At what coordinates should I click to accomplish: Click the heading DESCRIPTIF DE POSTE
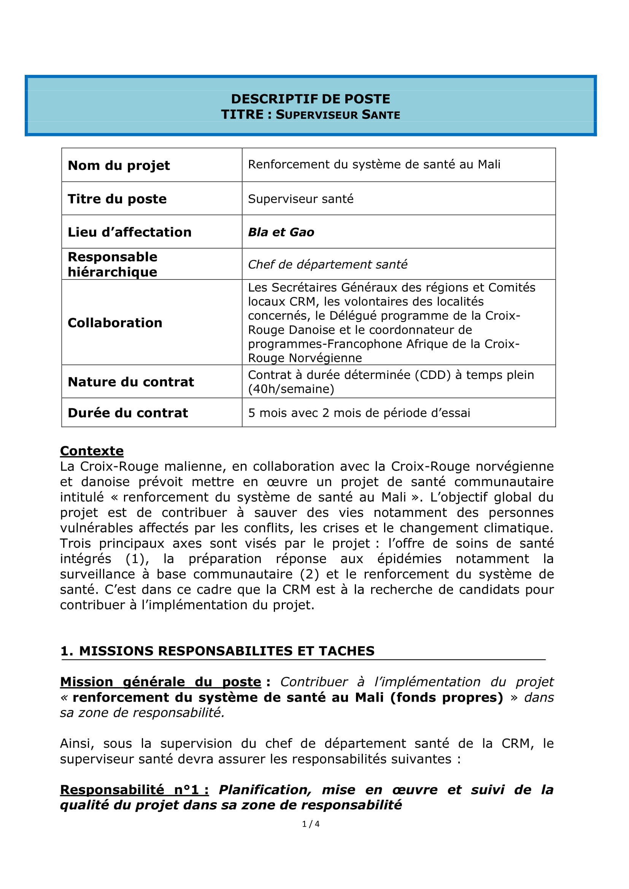pyautogui.click(x=310, y=99)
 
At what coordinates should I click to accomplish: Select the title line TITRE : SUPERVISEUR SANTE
pyautogui.click(x=310, y=115)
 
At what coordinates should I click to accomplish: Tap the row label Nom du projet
pyautogui.click(x=119, y=165)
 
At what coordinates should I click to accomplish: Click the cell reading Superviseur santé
pyautogui.click(x=300, y=199)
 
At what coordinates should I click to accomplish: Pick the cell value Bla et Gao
pyautogui.click(x=281, y=232)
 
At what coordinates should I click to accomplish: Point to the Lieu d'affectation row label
pyautogui.click(x=129, y=232)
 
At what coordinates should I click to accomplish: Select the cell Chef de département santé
pyautogui.click(x=327, y=265)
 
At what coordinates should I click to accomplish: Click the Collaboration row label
pyautogui.click(x=114, y=323)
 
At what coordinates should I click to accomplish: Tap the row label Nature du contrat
pyautogui.click(x=130, y=382)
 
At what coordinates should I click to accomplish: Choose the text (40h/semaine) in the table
pyautogui.click(x=291, y=389)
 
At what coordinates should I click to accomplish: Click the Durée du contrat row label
pyautogui.click(x=127, y=413)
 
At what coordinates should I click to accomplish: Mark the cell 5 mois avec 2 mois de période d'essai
pyautogui.click(x=359, y=413)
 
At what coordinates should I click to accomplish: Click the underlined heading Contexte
pyautogui.click(x=92, y=451)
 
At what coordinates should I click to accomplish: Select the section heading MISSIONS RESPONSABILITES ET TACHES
pyautogui.click(x=227, y=651)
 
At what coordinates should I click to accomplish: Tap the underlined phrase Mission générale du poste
pyautogui.click(x=161, y=682)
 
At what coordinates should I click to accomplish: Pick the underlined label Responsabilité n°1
pyautogui.click(x=134, y=790)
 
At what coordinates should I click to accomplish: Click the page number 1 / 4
pyautogui.click(x=311, y=824)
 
